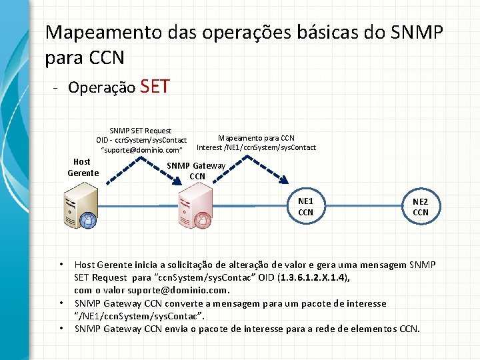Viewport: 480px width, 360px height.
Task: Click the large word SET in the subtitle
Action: click(155, 86)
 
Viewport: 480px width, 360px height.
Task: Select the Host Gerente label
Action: click(83, 167)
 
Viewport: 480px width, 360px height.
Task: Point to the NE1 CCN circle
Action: click(305, 207)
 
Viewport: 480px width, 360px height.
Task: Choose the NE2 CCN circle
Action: click(421, 207)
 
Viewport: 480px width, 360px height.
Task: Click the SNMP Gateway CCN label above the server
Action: click(197, 171)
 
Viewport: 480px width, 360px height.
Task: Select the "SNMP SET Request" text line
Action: click(140, 131)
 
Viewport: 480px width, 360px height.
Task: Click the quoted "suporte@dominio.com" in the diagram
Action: click(141, 151)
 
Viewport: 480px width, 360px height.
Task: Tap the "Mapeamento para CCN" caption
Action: click(256, 138)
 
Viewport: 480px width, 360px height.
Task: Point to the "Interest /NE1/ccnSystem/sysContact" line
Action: click(256, 147)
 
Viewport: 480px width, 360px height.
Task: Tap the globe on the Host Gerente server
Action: click(87, 220)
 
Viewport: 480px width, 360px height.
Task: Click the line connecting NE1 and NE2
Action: click(363, 207)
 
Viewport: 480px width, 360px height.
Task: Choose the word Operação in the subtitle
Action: click(102, 87)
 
